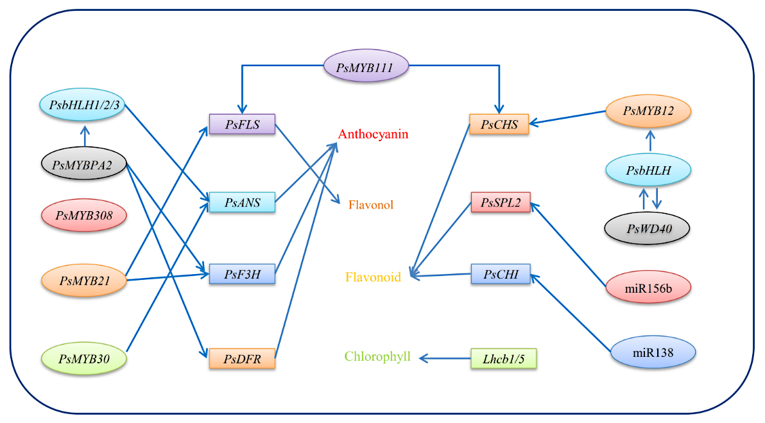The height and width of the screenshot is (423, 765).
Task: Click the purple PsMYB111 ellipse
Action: (365, 67)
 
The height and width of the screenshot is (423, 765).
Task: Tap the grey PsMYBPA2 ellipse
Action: (84, 166)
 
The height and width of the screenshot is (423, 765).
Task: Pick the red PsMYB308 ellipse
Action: (84, 216)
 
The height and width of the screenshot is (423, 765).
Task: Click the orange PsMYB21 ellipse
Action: (84, 280)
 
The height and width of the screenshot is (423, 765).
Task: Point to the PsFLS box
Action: (242, 125)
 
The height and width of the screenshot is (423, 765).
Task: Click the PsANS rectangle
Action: (242, 202)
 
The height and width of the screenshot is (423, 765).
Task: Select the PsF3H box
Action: (242, 275)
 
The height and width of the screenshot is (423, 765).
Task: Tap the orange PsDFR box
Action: (242, 358)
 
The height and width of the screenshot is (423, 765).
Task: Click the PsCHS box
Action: (499, 125)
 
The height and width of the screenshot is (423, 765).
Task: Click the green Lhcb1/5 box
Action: (503, 358)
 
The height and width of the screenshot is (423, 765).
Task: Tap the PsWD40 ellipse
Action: (648, 228)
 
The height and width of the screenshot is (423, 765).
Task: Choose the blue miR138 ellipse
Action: (653, 352)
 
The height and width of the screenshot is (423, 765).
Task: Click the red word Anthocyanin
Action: (373, 135)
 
